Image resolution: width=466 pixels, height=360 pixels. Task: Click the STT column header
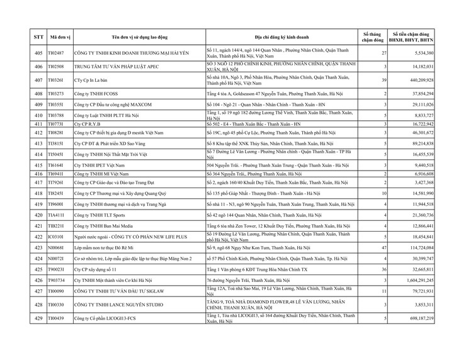click(x=38, y=37)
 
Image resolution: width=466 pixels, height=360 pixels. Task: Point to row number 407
click(x=38, y=80)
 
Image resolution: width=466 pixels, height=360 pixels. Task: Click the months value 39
click(x=384, y=80)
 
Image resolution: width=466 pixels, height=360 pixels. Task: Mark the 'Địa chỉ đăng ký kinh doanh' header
click(x=280, y=37)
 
